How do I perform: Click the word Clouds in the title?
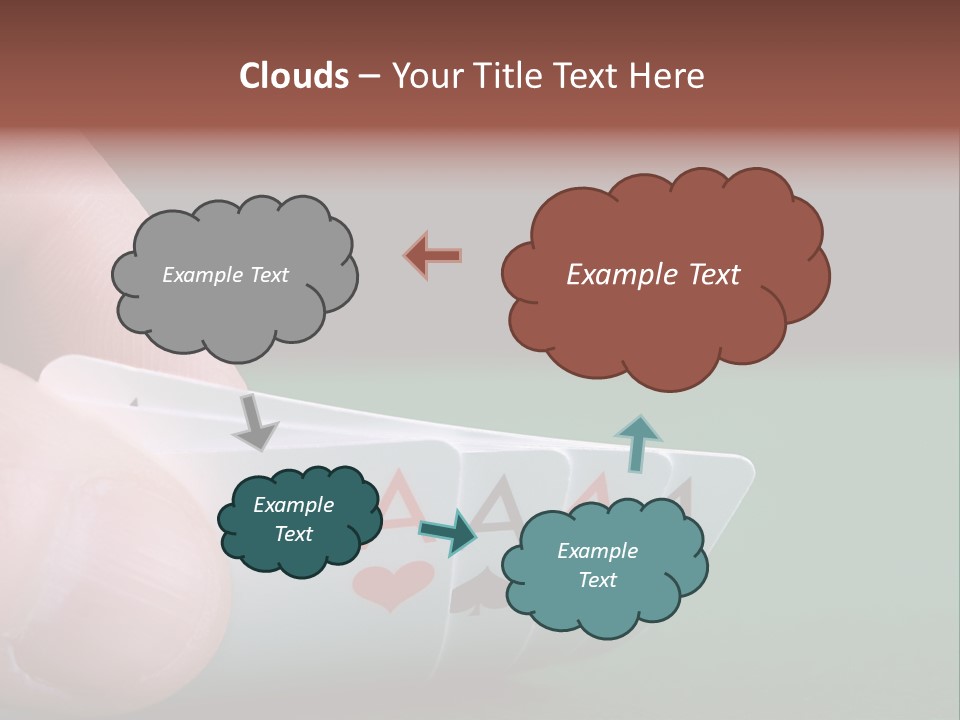(293, 76)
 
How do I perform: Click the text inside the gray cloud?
(225, 275)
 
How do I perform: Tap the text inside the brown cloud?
(653, 275)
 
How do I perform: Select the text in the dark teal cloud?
(293, 519)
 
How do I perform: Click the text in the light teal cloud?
(597, 565)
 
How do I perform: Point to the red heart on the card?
(393, 585)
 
